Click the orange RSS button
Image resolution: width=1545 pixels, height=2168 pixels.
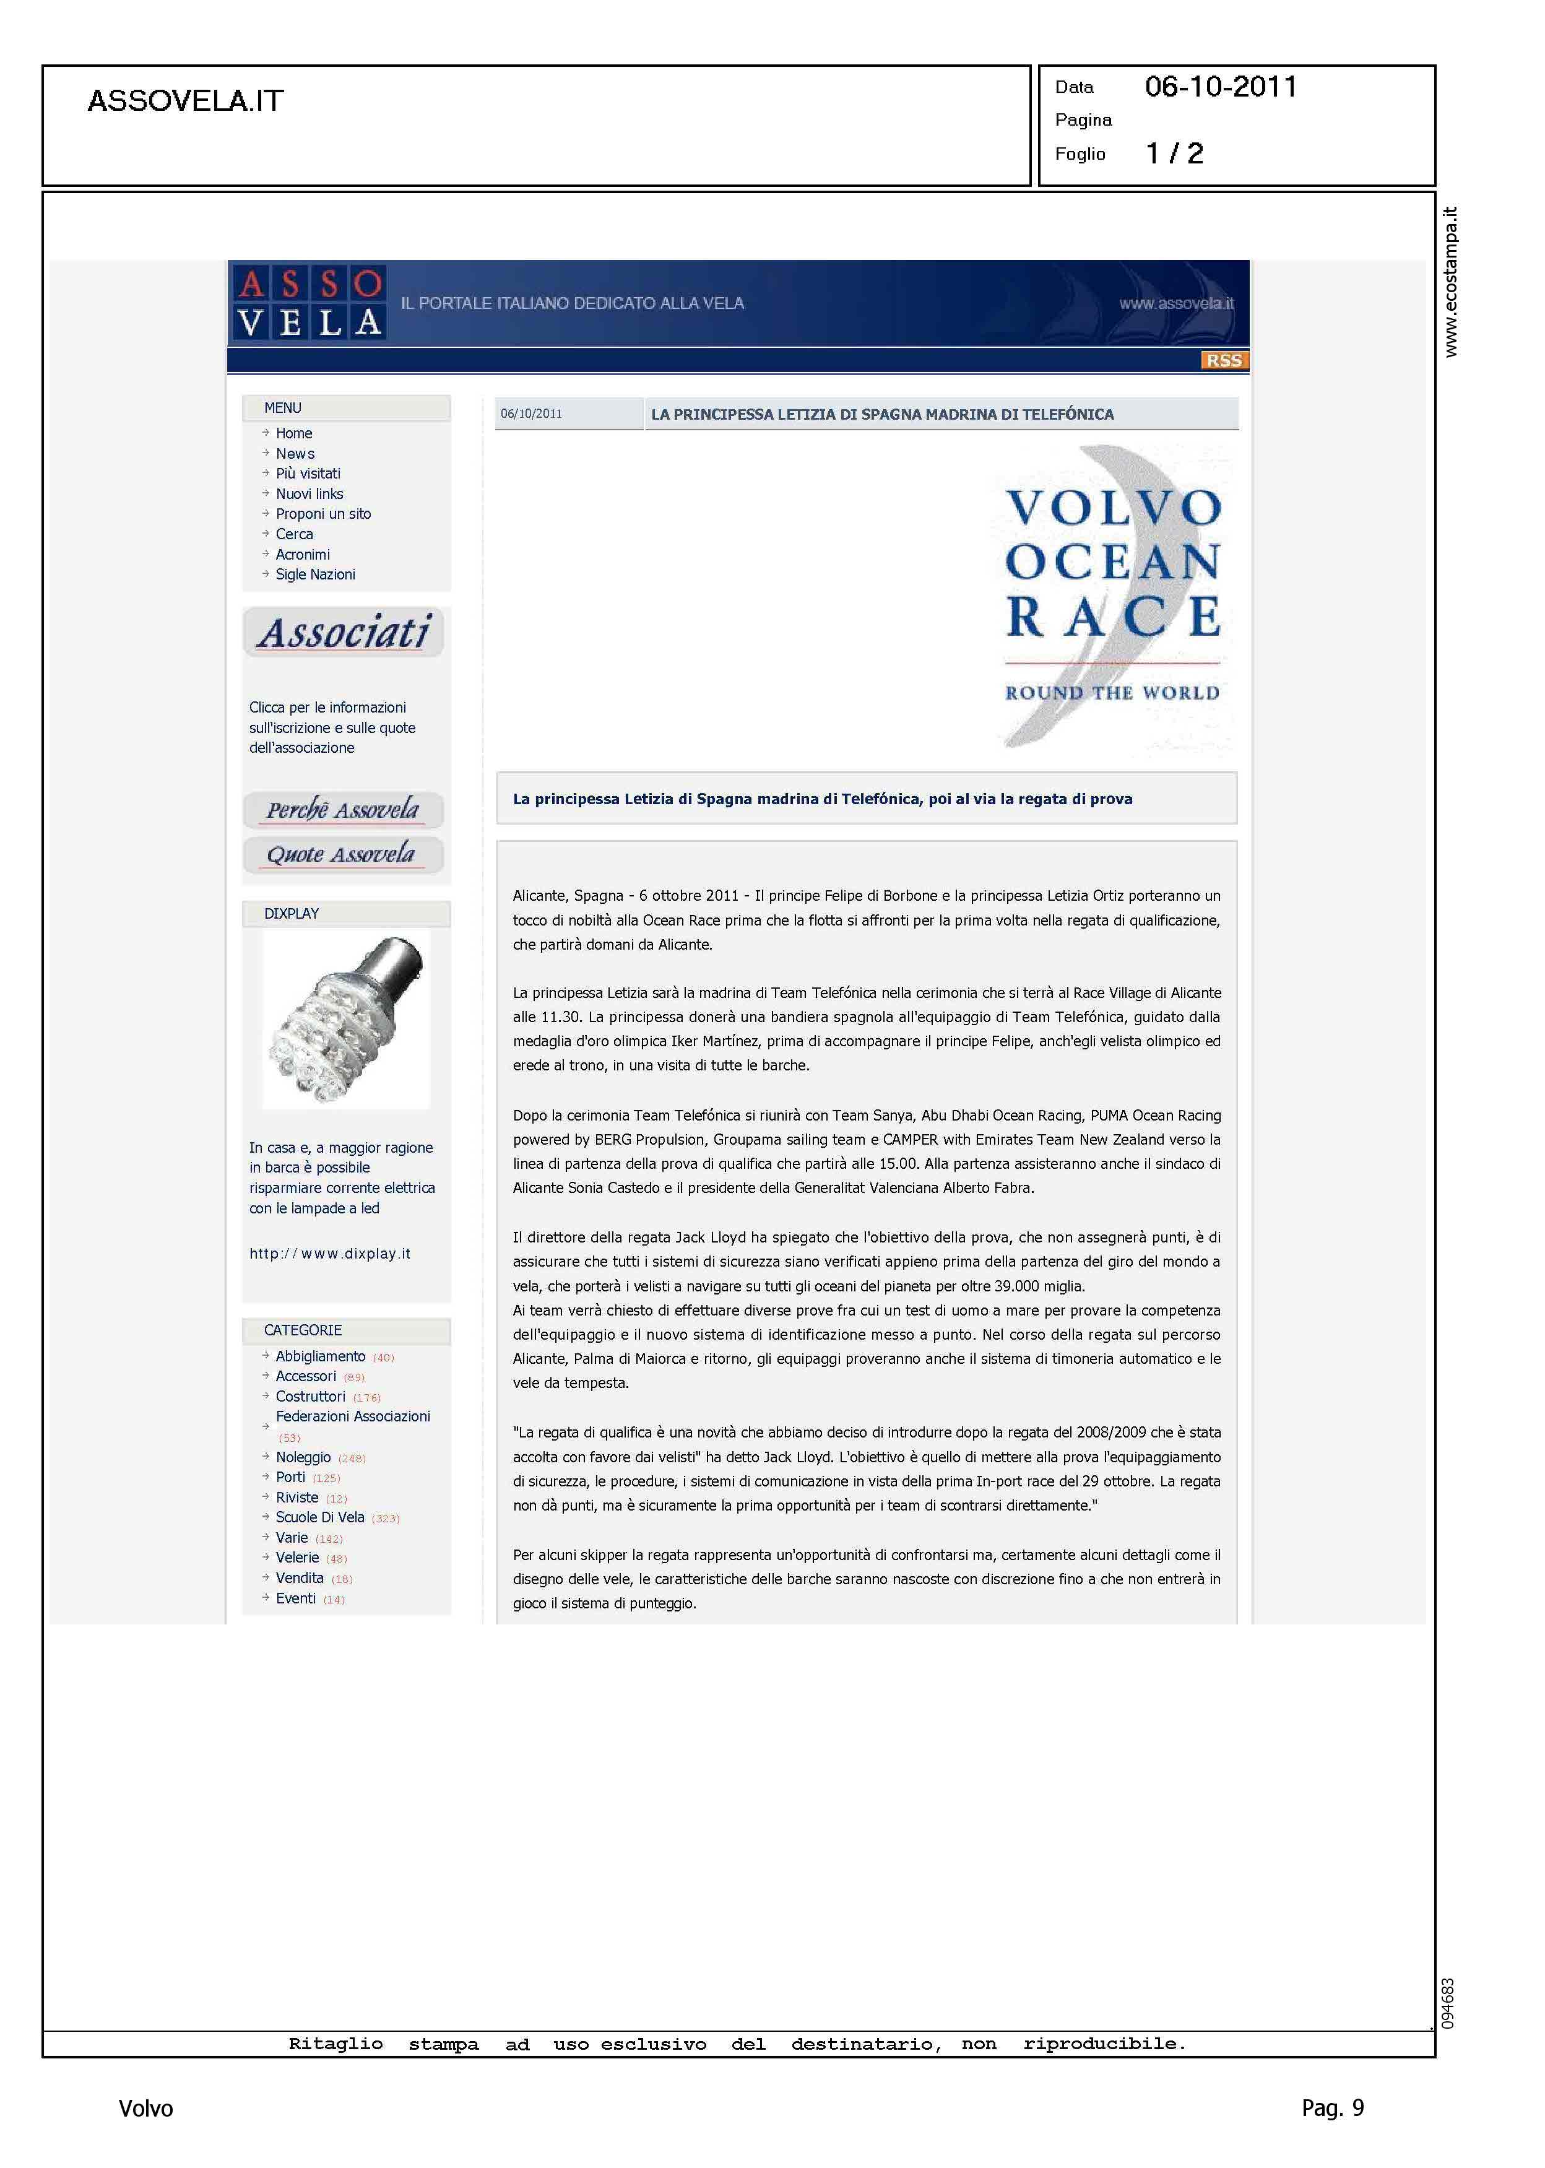(x=1224, y=360)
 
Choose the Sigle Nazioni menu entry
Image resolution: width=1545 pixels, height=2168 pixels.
(x=315, y=575)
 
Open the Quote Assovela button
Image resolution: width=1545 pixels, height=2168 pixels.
(x=342, y=854)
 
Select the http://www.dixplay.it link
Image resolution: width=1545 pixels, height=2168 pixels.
(x=329, y=1254)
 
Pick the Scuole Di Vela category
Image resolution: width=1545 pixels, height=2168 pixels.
(x=319, y=1517)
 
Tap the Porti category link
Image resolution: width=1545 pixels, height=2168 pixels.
(x=290, y=1477)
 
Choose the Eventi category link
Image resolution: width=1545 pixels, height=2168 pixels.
(x=295, y=1598)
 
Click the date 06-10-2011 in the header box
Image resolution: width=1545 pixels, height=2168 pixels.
(x=1221, y=87)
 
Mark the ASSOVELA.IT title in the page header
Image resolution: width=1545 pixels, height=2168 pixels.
(x=186, y=101)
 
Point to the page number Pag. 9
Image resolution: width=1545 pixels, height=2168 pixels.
(x=1332, y=2108)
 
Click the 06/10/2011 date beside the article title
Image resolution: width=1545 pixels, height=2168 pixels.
(x=531, y=414)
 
